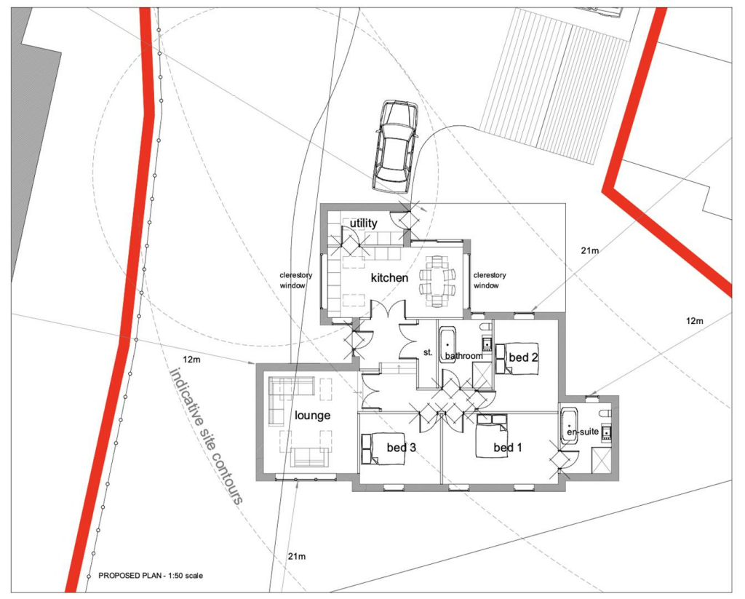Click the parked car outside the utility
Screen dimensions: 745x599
tap(397, 146)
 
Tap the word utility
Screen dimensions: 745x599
tap(364, 223)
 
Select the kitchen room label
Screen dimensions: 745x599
tap(390, 277)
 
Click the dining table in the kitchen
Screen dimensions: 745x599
tap(437, 282)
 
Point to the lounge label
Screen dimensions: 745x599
tap(312, 416)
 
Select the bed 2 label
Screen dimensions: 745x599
tap(524, 357)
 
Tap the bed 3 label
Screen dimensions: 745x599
tap(402, 448)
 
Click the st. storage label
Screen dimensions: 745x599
tap(428, 353)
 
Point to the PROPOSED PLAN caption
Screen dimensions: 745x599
tap(151, 576)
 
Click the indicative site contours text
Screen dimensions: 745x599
tap(207, 435)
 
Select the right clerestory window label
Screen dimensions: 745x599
tap(490, 280)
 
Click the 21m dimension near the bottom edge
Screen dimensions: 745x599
tap(297, 556)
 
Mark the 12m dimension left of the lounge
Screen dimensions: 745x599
tap(191, 360)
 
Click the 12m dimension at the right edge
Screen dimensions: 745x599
tap(694, 321)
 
